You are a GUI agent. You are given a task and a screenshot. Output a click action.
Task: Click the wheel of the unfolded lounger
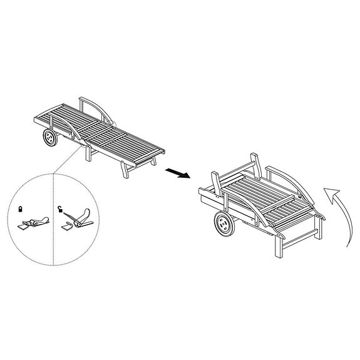49,138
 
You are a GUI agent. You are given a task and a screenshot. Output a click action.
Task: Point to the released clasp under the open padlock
79,219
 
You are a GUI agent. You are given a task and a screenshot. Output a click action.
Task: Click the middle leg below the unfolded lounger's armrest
88,153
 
